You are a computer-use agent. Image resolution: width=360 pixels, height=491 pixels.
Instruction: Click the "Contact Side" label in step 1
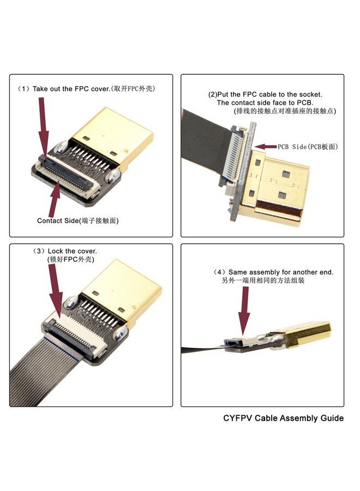(58, 220)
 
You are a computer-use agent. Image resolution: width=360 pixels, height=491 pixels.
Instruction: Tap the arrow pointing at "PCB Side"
(266, 146)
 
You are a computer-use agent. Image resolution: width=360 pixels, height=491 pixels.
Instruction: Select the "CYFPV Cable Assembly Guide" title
(283, 418)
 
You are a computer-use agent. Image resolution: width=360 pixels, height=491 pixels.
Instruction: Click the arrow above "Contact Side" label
(54, 199)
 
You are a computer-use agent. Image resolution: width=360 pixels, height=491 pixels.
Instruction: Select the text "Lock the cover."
(73, 251)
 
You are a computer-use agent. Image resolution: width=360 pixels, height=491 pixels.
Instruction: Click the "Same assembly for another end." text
(281, 272)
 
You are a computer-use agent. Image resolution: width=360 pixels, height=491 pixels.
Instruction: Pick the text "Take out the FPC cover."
(71, 88)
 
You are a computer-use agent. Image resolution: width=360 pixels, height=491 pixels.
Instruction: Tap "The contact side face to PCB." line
(265, 103)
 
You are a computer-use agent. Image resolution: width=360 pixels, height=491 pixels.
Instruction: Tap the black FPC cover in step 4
(233, 342)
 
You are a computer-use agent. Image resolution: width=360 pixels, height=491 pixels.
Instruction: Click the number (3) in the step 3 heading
(39, 251)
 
